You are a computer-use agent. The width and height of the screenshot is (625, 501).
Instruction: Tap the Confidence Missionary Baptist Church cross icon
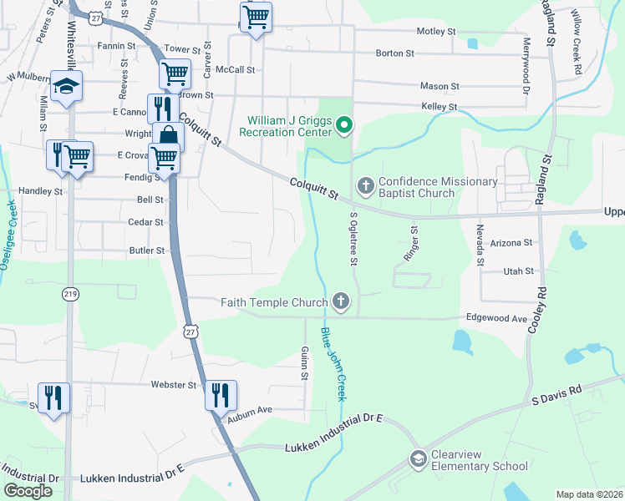[x=365, y=184]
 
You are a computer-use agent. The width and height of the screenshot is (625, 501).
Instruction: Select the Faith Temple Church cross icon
[x=340, y=300]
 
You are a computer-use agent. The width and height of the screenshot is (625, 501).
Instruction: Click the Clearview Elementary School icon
[x=418, y=458]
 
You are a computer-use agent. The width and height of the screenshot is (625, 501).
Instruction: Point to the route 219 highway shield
[x=71, y=294]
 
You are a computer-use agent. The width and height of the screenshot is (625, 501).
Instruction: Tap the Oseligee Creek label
[x=13, y=225]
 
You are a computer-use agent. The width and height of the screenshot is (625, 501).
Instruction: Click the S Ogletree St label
[x=353, y=238]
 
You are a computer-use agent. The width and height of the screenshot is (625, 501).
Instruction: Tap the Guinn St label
[x=305, y=366]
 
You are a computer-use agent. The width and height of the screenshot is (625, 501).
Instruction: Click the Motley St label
[x=436, y=32]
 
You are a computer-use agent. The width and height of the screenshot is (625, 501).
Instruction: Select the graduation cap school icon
[x=66, y=87]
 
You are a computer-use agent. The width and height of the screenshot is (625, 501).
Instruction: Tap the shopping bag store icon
[x=168, y=136]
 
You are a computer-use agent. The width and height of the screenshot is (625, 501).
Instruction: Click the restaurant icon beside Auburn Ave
[x=221, y=394]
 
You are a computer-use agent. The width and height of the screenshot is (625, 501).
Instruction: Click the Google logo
[x=28, y=491]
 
